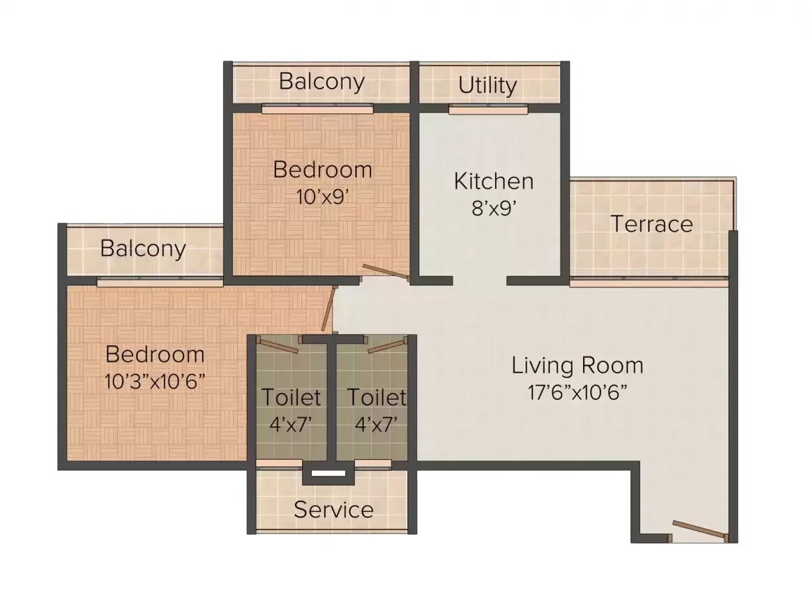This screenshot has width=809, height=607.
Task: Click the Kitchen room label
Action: pyautogui.click(x=494, y=181)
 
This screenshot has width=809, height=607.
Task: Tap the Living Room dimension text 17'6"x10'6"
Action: pyautogui.click(x=578, y=392)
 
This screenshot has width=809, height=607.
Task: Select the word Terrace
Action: pyautogui.click(x=651, y=224)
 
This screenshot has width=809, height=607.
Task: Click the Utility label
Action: pyautogui.click(x=487, y=85)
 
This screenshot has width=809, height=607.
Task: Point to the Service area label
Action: pyautogui.click(x=333, y=509)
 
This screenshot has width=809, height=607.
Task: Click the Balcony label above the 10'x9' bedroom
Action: pyautogui.click(x=322, y=82)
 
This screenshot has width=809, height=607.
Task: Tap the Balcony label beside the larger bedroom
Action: pyautogui.click(x=143, y=248)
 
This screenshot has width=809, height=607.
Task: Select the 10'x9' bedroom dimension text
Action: pyautogui.click(x=322, y=196)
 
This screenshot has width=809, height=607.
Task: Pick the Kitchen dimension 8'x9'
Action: pyautogui.click(x=494, y=208)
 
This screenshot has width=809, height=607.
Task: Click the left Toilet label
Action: pyautogui.click(x=292, y=397)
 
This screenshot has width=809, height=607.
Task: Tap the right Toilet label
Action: pyautogui.click(x=377, y=397)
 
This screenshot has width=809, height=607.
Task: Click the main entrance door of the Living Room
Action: pyautogui.click(x=700, y=530)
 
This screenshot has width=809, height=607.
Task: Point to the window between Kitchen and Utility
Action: pyautogui.click(x=488, y=109)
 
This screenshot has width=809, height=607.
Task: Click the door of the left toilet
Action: pyautogui.click(x=279, y=341)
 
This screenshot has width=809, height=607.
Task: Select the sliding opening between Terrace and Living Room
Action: pyautogui.click(x=649, y=283)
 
